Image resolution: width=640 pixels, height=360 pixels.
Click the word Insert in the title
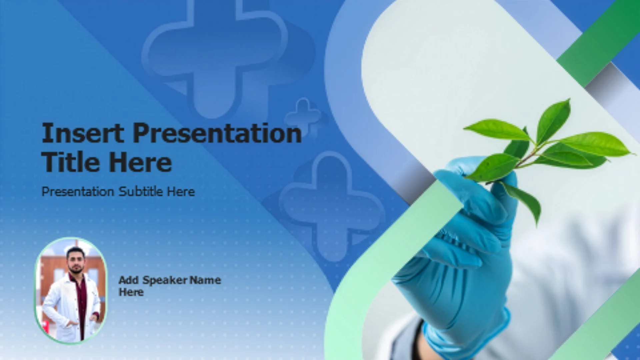83,133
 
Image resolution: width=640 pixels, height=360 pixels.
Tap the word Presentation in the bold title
217,133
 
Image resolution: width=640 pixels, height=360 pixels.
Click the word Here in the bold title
140,162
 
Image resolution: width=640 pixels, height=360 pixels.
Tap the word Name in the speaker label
205,280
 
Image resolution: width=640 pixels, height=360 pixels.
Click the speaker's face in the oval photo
76,260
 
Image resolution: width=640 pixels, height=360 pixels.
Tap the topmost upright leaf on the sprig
553,120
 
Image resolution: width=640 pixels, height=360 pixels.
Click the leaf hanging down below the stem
523,200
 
